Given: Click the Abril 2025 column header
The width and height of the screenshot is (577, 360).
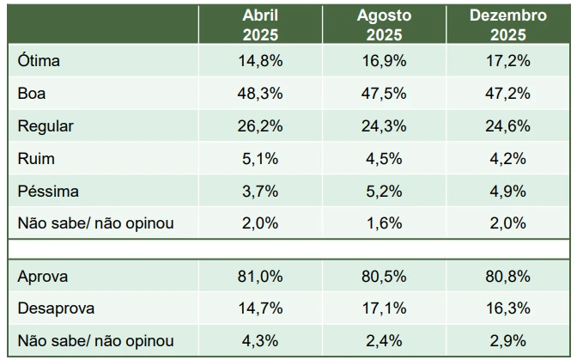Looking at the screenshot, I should pos(260,25).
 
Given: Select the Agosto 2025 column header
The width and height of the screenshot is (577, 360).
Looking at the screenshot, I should pos(385,25).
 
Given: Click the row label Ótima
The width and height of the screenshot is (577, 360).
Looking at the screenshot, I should pos(38,61).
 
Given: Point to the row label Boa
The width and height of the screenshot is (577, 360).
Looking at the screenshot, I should pos(32,93).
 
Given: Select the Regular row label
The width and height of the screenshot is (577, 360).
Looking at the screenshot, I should pos(46,125).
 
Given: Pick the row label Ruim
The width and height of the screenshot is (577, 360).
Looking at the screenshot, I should pos(33,158).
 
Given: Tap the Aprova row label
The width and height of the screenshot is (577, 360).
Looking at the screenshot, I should pos(42,277).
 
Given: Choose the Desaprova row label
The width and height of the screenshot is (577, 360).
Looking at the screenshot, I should pos(56,308).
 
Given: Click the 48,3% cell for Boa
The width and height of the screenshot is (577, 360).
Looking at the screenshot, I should pos(260,93).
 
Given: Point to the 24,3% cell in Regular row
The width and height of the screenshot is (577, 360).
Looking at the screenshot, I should pos(385,125).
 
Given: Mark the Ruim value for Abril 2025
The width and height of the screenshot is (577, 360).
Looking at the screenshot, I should pos(260,158).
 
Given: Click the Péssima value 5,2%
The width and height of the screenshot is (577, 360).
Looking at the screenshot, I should pos(385,191).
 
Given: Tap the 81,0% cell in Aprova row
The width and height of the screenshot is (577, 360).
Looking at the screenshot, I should pos(260,277).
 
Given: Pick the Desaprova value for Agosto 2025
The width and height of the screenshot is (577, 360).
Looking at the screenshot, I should pos(385,308).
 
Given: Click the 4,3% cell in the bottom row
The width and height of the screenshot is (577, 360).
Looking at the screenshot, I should pos(260,340).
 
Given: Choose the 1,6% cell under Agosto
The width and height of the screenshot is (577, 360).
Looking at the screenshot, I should pos(385,223).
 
